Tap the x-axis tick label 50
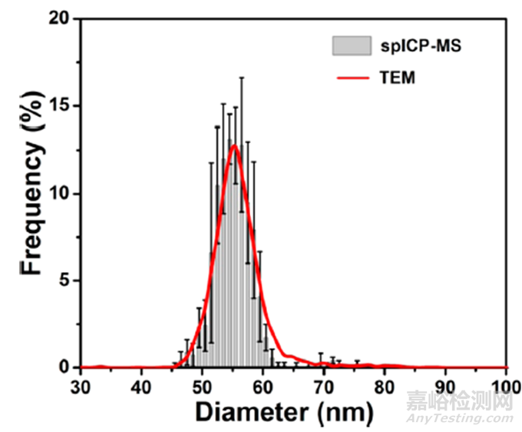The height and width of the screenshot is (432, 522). pyautogui.click(x=202, y=384)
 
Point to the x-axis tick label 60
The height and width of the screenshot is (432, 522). pyautogui.click(x=263, y=384)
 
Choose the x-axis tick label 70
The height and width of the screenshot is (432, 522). pyautogui.click(x=324, y=384)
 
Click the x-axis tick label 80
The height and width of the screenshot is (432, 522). pyautogui.click(x=385, y=384)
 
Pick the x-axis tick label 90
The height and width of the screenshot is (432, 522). pyautogui.click(x=446, y=384)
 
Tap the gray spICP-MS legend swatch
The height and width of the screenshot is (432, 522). pyautogui.click(x=347, y=46)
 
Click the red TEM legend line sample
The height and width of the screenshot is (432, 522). pyautogui.click(x=347, y=77)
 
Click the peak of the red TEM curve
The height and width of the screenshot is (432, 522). pyautogui.click(x=234, y=145)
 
